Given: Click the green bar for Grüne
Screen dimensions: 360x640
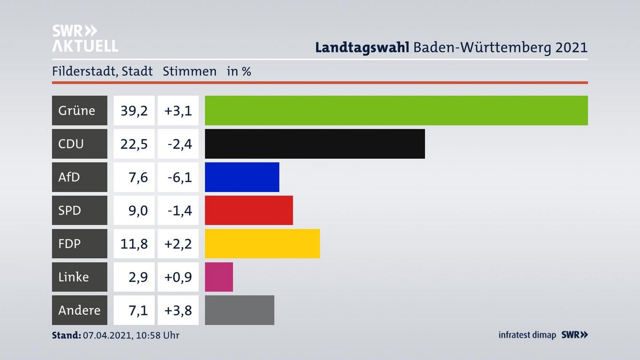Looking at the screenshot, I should (396, 110).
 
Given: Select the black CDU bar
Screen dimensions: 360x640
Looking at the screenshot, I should (315, 144).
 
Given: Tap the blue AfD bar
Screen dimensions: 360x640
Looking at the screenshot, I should (242, 177).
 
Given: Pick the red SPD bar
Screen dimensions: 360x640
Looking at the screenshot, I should (248, 210).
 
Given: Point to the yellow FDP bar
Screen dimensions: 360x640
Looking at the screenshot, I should (262, 244).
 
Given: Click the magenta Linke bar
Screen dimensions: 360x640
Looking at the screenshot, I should (219, 277).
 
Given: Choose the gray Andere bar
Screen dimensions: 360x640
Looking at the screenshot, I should (239, 310).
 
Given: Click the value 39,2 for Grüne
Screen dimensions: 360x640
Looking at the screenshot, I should (134, 110).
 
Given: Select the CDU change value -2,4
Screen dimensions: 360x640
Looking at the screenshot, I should (180, 144).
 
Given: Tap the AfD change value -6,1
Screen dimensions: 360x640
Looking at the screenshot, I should (180, 177).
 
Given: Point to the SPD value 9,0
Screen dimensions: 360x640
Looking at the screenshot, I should (138, 210).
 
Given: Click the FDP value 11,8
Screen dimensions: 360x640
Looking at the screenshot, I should (134, 244).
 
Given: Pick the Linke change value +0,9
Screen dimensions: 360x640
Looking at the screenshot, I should (178, 277).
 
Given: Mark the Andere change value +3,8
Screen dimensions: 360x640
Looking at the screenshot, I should (178, 310).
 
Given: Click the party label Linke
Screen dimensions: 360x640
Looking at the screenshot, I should (74, 277).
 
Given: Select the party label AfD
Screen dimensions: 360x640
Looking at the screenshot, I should (69, 177).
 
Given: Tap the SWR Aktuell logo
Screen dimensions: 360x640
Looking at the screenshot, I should (85, 38).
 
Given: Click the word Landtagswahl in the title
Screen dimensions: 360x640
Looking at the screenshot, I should (362, 47).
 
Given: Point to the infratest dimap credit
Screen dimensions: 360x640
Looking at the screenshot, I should (527, 335).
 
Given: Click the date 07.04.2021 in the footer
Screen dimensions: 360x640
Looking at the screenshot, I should (107, 335).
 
